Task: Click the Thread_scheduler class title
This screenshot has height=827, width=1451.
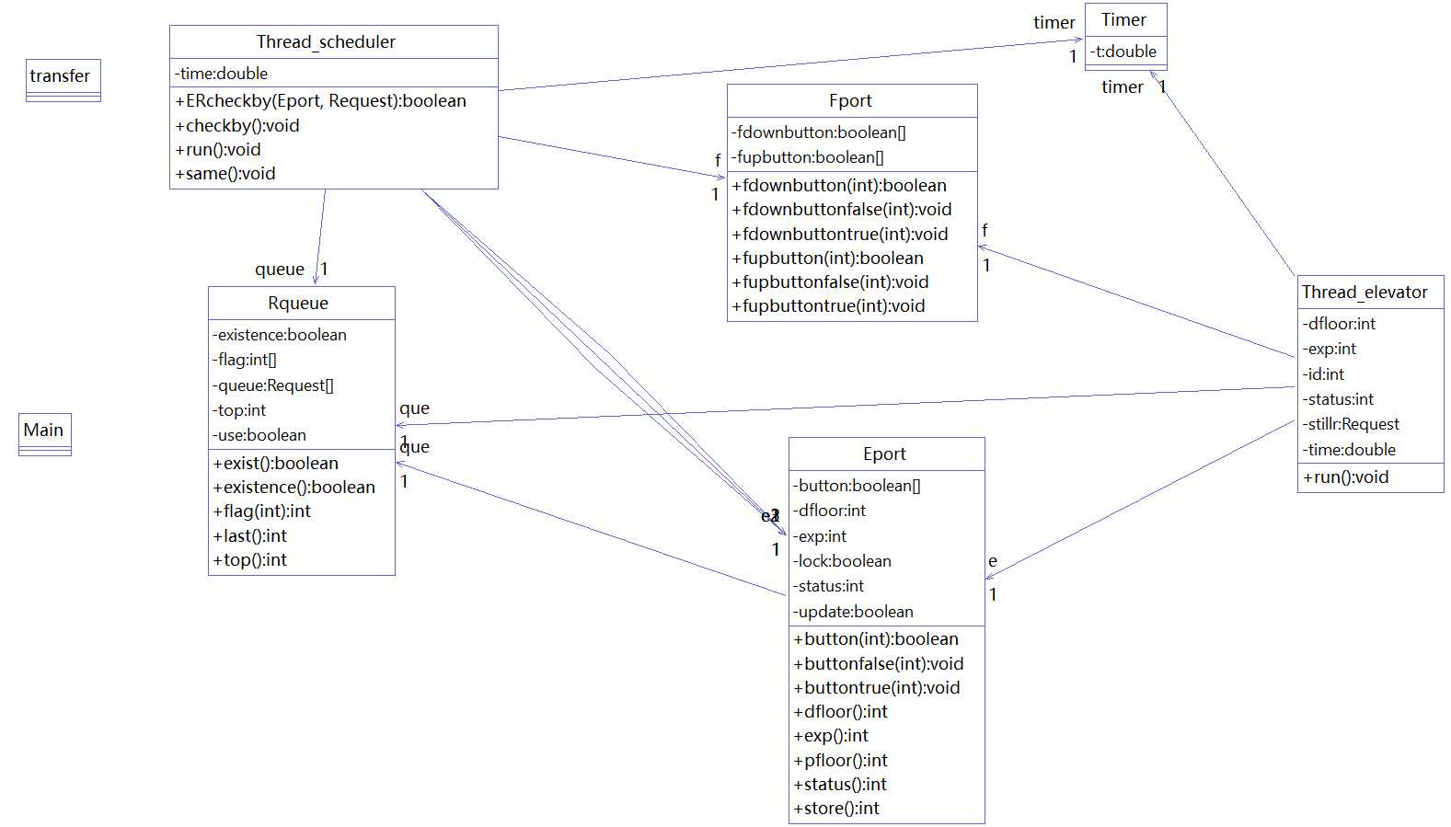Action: tap(326, 42)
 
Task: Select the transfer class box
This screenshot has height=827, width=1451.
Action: tap(63, 80)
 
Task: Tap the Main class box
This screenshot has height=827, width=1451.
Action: tap(45, 434)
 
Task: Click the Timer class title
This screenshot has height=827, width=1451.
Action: tap(1123, 20)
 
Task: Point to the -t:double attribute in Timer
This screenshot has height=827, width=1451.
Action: tap(1123, 52)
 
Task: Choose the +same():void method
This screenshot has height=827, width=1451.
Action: tap(225, 174)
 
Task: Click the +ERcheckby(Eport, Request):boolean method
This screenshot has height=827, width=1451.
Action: tap(320, 101)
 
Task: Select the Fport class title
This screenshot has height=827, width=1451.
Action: tap(850, 101)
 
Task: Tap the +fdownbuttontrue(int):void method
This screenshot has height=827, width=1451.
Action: tap(840, 234)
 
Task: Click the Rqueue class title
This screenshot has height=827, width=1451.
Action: tap(298, 303)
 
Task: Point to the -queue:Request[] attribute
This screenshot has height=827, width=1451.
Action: tap(273, 385)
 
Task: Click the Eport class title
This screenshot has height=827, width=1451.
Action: tap(884, 454)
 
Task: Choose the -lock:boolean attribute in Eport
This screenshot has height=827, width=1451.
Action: tap(842, 561)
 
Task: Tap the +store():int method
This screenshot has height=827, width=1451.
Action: tap(837, 809)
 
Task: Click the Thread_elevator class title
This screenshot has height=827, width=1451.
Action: tap(1365, 293)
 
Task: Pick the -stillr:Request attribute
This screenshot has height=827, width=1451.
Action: tap(1351, 424)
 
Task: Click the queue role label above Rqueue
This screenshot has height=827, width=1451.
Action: tap(280, 270)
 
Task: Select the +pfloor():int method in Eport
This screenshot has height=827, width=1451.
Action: tap(841, 760)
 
